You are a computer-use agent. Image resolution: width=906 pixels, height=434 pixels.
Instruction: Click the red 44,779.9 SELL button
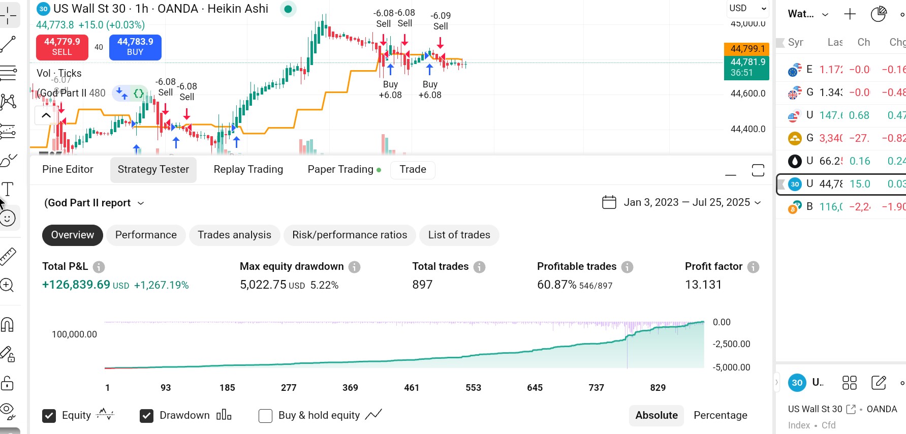[62, 47]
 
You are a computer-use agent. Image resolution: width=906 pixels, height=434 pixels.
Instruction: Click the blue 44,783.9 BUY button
[135, 47]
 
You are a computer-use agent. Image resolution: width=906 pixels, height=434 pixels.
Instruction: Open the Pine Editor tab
[68, 169]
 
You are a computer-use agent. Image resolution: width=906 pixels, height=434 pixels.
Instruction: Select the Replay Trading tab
[248, 169]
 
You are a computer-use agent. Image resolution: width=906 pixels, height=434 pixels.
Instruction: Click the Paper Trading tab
[340, 169]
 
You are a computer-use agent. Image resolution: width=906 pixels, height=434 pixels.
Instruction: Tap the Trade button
[413, 169]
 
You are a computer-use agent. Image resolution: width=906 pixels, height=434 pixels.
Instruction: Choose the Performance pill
[146, 235]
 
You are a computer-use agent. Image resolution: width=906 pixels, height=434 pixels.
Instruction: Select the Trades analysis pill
[234, 235]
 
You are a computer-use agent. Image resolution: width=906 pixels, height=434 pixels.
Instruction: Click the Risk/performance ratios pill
[350, 235]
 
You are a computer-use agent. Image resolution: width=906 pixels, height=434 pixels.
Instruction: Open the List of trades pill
[459, 235]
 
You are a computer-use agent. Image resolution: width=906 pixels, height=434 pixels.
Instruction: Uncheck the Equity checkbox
[49, 416]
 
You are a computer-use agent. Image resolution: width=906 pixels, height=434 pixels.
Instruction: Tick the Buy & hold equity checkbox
[265, 416]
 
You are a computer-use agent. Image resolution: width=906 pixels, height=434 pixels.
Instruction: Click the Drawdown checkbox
[146, 416]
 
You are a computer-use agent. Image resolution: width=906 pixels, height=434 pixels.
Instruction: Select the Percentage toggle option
[720, 415]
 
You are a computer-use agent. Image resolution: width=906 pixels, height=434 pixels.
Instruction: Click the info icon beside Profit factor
[753, 267]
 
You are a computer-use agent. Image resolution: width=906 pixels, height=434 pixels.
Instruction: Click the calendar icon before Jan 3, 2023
[609, 202]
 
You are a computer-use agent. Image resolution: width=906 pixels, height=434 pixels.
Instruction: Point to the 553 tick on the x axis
[473, 388]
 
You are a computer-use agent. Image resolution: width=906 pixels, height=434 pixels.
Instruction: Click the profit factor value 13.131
[703, 285]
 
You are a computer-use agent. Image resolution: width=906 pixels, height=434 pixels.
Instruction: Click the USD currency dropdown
[747, 8]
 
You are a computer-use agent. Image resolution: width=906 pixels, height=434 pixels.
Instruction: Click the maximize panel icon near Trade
[758, 170]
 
